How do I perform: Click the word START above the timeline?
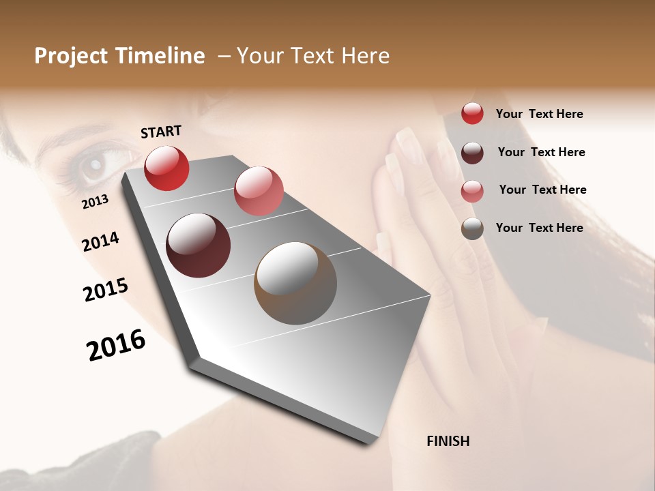click(161, 132)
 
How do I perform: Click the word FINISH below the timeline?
click(448, 441)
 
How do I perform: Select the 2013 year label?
click(95, 201)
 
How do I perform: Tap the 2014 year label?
click(100, 241)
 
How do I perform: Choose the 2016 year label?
click(116, 345)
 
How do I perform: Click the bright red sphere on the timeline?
click(166, 168)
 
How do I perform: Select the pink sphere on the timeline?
click(259, 190)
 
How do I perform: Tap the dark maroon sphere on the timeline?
click(199, 245)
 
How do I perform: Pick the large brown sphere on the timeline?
click(295, 283)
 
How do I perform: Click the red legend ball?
click(472, 113)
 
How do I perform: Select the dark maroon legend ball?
click(472, 152)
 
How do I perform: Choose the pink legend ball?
click(472, 190)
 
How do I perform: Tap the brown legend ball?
click(472, 228)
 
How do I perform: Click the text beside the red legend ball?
click(539, 114)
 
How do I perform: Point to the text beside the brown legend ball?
click(539, 228)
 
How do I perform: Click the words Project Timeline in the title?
click(119, 56)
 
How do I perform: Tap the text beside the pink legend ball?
click(542, 190)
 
